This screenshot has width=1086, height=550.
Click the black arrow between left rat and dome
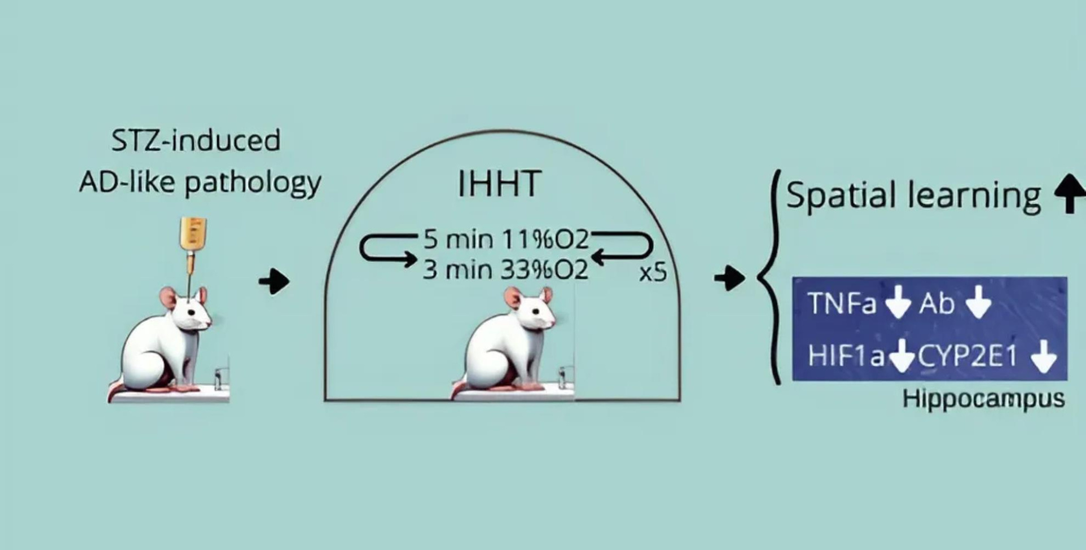(x=274, y=281)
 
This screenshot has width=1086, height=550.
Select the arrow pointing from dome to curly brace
(x=730, y=277)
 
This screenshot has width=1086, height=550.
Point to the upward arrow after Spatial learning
(x=1070, y=193)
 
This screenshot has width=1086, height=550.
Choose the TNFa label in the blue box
(x=842, y=303)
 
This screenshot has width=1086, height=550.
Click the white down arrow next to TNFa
(x=898, y=304)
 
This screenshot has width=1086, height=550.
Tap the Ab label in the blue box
(x=936, y=304)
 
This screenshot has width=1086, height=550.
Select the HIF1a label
(x=846, y=356)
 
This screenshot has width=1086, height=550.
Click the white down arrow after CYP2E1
(x=1044, y=358)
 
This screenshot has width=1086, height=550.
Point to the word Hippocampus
(x=984, y=399)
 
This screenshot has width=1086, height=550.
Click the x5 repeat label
(x=653, y=273)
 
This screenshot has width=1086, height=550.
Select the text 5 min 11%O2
(x=506, y=240)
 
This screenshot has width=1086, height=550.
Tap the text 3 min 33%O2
(x=506, y=269)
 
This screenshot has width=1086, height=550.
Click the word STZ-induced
(x=196, y=140)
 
